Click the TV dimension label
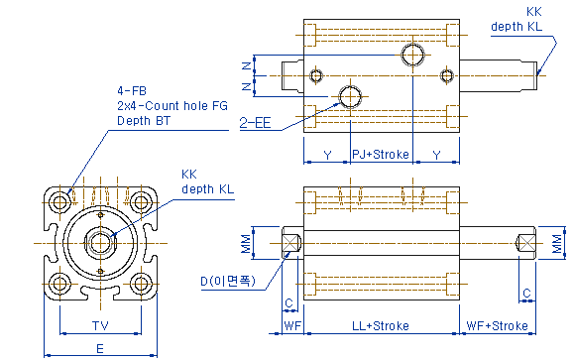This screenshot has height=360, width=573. [100, 325]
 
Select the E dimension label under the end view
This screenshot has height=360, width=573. [100, 349]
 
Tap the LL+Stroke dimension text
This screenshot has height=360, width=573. [381, 325]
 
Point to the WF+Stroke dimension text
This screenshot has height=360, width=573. [497, 325]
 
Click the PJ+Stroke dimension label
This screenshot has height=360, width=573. [381, 155]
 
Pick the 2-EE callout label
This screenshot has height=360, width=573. [255, 123]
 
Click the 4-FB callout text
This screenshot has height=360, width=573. [132, 90]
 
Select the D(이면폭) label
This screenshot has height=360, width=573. [228, 281]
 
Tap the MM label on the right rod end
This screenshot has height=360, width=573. [557, 244]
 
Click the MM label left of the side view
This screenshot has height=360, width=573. [247, 244]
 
